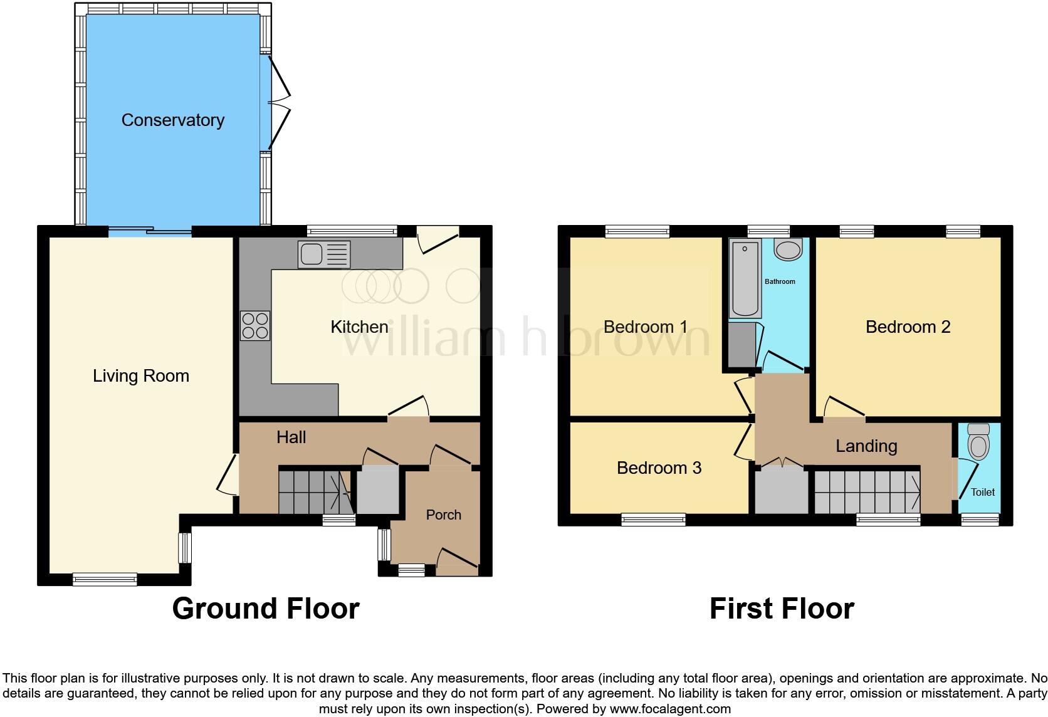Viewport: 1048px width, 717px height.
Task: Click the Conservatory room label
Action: click(x=173, y=120)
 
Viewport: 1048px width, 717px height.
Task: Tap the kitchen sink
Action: click(x=325, y=254)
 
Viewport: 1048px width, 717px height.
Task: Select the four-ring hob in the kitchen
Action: click(x=255, y=326)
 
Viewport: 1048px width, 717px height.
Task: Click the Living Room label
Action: click(x=141, y=376)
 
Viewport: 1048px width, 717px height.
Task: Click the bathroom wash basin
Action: click(x=789, y=250)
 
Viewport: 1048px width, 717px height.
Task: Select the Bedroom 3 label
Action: click(x=659, y=468)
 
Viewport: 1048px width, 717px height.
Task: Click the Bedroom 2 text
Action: click(x=908, y=327)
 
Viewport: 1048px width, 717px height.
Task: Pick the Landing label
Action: click(x=866, y=446)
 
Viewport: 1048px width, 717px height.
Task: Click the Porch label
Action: click(x=443, y=515)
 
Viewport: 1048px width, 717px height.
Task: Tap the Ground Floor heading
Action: click(x=266, y=609)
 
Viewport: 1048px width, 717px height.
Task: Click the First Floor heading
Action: click(x=782, y=609)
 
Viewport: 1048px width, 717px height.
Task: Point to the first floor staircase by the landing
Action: click(x=867, y=491)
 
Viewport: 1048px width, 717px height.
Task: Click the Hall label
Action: click(x=291, y=437)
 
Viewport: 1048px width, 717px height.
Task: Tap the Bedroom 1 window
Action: click(x=637, y=232)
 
